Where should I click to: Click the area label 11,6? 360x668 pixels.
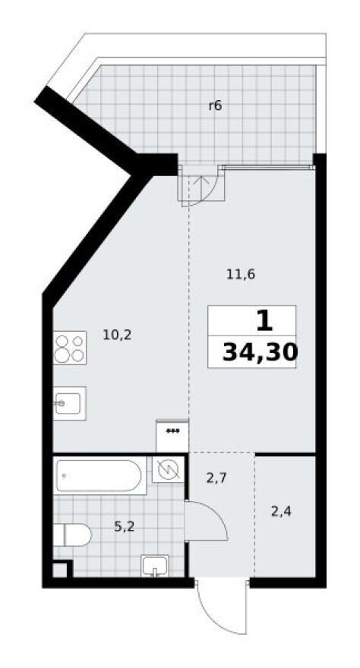[x=241, y=275]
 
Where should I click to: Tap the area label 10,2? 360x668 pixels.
[x=117, y=336]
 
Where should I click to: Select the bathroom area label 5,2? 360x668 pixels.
[x=125, y=527]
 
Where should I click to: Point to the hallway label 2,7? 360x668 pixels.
[x=216, y=478]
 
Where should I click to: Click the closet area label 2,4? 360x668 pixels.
[x=281, y=510]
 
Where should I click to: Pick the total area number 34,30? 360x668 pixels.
[x=260, y=353]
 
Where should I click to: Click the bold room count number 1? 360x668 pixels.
[x=264, y=321]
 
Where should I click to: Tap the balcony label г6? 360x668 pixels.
[x=215, y=106]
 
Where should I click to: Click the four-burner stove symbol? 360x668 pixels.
[x=71, y=348]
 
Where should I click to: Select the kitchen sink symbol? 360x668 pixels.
[x=70, y=403]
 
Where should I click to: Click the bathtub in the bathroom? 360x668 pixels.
[x=99, y=475]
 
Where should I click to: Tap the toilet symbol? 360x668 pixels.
[x=72, y=534]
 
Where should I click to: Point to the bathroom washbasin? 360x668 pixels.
[x=155, y=566]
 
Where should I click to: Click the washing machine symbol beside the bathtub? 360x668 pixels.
[x=168, y=469]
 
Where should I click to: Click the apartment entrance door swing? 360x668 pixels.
[x=223, y=605]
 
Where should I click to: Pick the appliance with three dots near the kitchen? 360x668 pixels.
[x=172, y=436]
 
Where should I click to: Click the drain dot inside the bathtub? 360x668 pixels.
[x=65, y=475]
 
